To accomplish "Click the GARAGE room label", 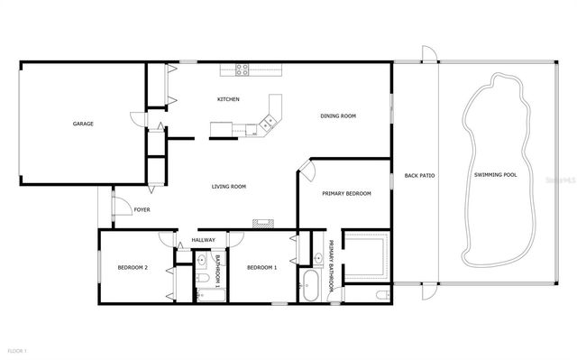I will pos(84,124).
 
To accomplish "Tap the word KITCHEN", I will pos(228,99).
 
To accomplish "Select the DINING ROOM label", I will pos(339,115).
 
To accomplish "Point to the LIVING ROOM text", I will pos(229,187).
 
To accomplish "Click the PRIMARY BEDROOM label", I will pos(346,193).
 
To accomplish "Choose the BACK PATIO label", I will pos(419,175).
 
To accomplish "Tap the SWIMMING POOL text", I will pos(495,175).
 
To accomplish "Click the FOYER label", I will pos(142,210).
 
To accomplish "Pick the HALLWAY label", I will pos(203,240).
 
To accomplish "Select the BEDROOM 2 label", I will pos(133,267).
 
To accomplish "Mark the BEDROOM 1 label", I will pos(261,267).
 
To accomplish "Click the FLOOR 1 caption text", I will pos(17,350).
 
